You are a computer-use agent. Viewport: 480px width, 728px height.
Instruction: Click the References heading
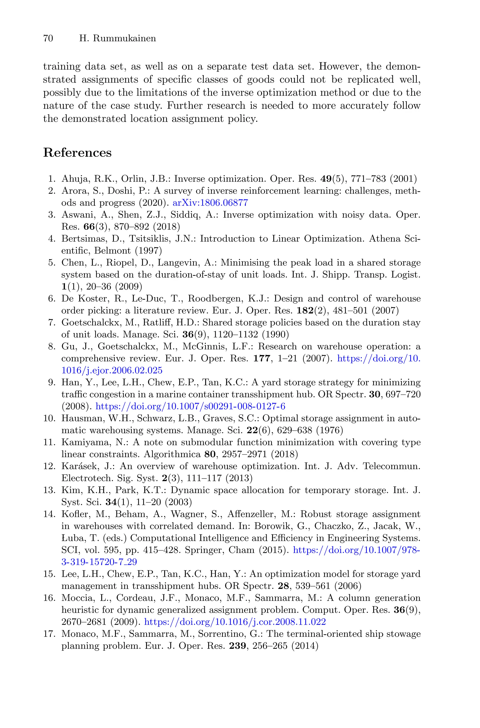pyautogui.click(x=77, y=152)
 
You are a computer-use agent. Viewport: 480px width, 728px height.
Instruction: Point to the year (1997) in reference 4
pyautogui.click(x=148, y=251)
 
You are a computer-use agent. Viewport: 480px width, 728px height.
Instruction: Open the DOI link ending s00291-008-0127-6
pyautogui.click(x=190, y=407)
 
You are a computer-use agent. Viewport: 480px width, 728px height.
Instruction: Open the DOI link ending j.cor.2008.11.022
pyautogui.click(x=235, y=622)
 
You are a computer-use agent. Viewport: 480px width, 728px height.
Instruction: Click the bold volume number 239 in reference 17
pyautogui.click(x=238, y=646)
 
